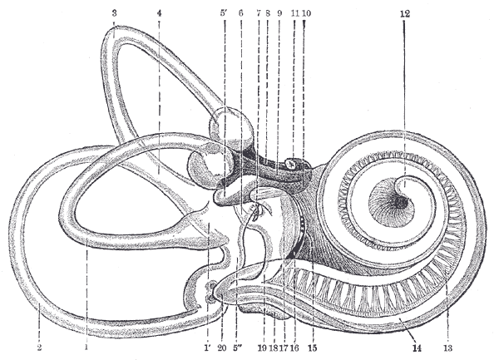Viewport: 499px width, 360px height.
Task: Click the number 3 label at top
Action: pos(115,13)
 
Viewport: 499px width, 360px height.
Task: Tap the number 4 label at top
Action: pos(159,13)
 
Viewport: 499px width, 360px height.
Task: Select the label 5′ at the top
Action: pos(224,13)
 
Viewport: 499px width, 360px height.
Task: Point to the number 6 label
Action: pos(240,13)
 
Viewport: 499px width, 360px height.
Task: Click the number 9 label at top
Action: pos(279,13)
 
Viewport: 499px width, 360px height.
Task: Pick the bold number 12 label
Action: pos(405,14)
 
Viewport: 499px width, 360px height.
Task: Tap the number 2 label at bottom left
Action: pos(39,348)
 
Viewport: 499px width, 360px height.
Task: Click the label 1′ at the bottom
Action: pos(207,348)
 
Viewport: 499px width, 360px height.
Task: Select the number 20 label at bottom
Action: pos(222,348)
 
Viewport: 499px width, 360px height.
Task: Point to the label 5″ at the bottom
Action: pos(237,348)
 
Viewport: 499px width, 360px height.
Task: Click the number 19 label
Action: pos(262,348)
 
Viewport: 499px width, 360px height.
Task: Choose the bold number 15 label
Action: pos(313,348)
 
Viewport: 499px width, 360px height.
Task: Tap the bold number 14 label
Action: pos(417,348)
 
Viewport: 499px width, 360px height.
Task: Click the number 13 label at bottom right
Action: pos(447,348)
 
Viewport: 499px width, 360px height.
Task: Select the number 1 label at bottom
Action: pos(86,348)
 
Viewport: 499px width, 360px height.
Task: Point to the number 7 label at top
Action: pos(259,13)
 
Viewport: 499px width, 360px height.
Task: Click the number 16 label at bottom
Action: pos(294,348)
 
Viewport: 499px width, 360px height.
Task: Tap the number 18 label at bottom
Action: pos(273,348)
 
